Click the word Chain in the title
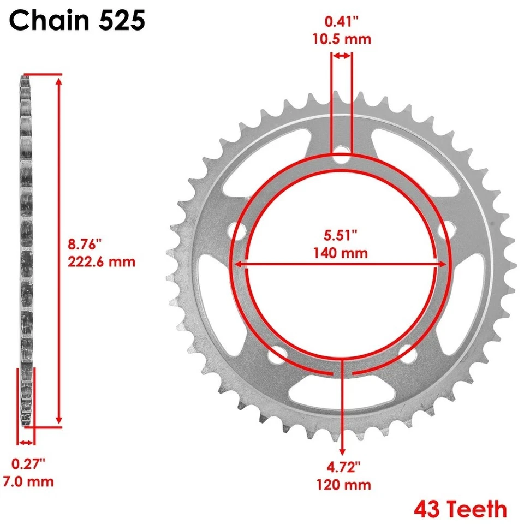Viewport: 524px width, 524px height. [50, 20]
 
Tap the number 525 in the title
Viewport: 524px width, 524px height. [122, 20]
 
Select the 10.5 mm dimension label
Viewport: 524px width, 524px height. [342, 39]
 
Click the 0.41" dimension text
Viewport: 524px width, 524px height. [342, 21]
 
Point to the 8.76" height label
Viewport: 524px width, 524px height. [85, 244]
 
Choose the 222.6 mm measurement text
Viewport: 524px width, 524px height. [102, 261]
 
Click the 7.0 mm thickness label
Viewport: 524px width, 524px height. [28, 481]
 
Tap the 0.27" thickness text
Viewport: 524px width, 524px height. [28, 464]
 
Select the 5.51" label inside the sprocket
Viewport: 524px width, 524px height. [341, 235]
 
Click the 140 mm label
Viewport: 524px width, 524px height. [341, 253]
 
